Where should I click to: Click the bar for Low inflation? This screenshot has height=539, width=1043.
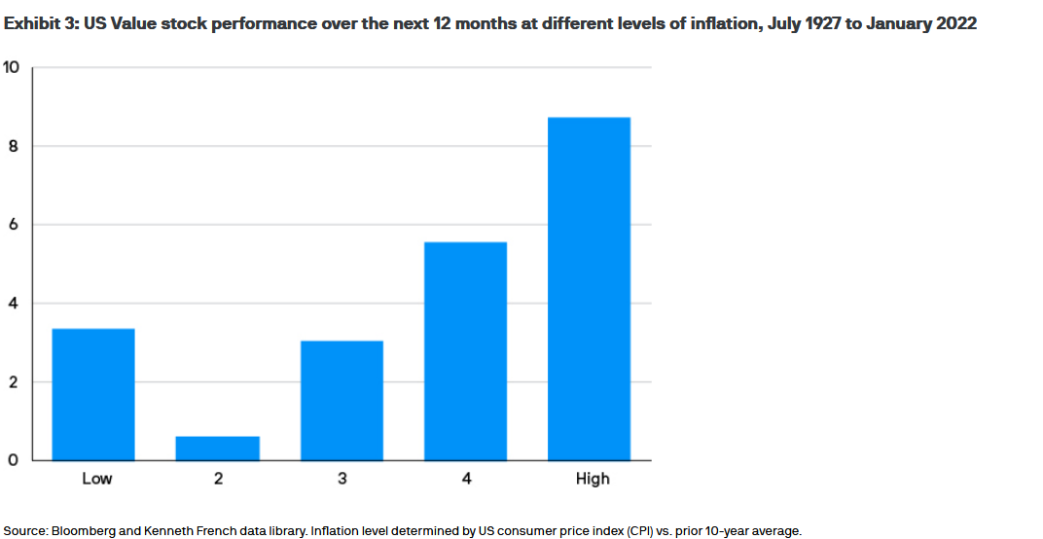(x=93, y=394)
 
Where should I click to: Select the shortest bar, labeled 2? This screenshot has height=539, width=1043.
(x=218, y=449)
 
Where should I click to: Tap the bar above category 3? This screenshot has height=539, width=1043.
(x=342, y=400)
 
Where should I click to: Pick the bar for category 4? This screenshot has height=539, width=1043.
(x=465, y=350)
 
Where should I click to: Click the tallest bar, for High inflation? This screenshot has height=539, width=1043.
(x=590, y=288)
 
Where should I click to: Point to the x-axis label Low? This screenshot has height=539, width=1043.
(x=96, y=479)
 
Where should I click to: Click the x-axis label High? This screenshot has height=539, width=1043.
(x=592, y=479)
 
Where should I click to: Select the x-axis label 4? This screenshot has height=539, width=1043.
(x=466, y=479)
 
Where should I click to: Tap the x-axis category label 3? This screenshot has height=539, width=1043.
(x=342, y=479)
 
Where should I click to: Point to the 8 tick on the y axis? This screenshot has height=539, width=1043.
(x=14, y=146)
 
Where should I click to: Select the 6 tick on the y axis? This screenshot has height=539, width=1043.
(x=14, y=225)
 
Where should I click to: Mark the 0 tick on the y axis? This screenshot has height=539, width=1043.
(x=14, y=460)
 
